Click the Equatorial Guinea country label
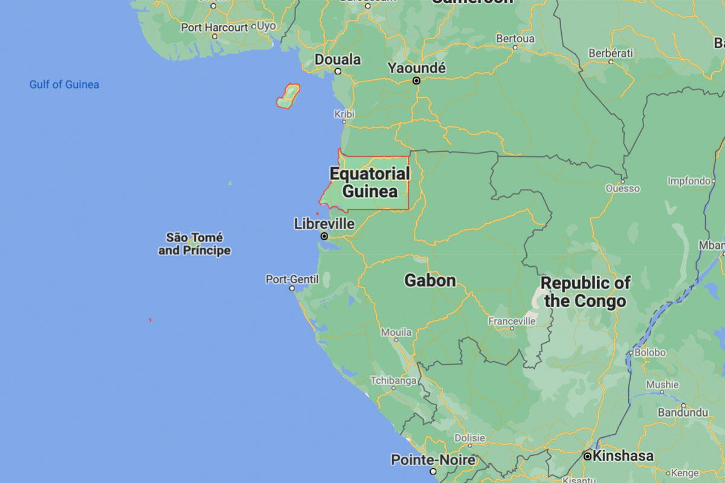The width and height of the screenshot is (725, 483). click(369, 182)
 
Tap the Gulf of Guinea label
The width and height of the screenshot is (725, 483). click(64, 85)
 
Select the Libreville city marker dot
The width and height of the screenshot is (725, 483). click(324, 236)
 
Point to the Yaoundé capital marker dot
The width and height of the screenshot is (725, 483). click(416, 80)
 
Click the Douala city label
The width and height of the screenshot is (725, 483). click(338, 60)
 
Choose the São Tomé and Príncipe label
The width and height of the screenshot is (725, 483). click(195, 243)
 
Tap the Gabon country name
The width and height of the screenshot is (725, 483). click(430, 280)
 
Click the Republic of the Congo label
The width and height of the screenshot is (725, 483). click(585, 292)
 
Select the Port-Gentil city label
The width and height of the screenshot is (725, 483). click(292, 279)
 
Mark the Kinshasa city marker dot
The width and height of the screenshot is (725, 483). click(587, 456)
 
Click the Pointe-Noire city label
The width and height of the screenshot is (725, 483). click(433, 459)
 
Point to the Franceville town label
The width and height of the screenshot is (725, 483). click(512, 321)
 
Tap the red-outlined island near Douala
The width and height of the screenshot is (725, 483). click(288, 95)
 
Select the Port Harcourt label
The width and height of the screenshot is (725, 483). click(214, 27)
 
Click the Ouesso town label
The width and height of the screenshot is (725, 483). click(623, 188)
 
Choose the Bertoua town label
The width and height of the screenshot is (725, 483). click(515, 38)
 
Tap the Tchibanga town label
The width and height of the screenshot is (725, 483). click(393, 380)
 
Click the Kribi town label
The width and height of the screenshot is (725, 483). click(344, 114)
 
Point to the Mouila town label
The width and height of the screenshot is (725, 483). click(396, 332)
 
